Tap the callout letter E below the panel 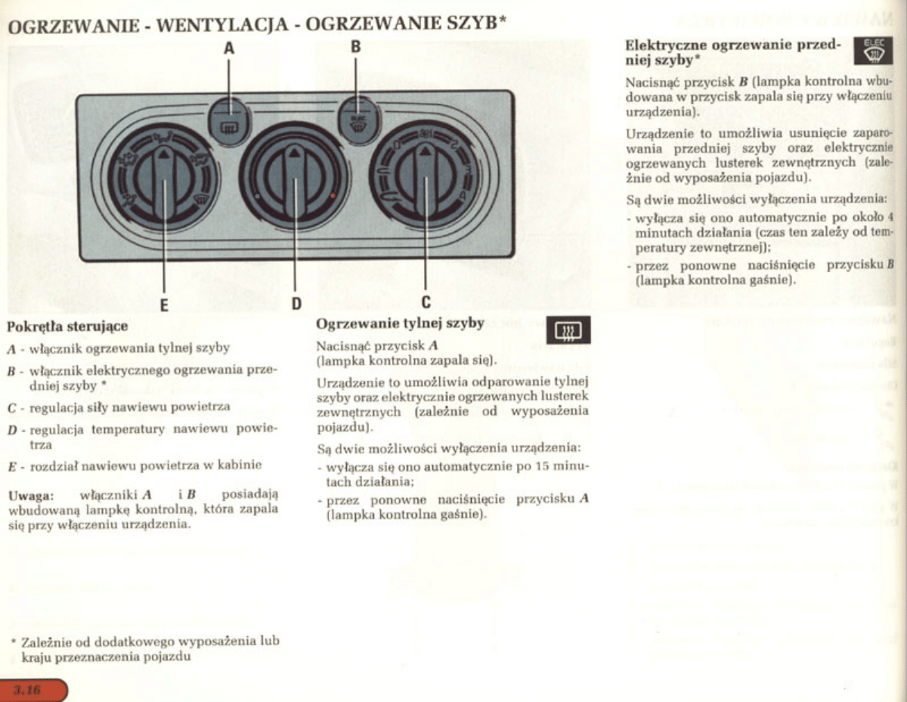[x=164, y=305]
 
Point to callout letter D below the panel [x=296, y=305]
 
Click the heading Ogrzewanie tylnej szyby [x=400, y=323]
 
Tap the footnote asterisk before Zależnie [x=13, y=641]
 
